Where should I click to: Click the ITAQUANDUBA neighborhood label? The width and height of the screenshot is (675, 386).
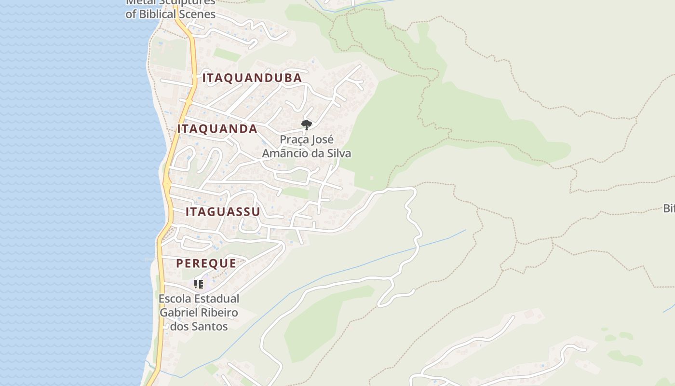click(252, 78)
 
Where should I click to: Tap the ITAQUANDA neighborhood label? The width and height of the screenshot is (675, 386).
click(217, 129)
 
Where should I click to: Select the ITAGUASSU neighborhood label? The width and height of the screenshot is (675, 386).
click(223, 212)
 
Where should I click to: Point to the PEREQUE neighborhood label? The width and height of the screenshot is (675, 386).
click(206, 263)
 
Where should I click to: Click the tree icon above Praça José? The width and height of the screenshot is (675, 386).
click(306, 125)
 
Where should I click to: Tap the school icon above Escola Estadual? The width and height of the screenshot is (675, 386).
click(199, 284)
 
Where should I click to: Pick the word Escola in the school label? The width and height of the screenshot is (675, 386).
click(174, 299)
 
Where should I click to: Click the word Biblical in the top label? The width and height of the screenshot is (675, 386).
click(158, 14)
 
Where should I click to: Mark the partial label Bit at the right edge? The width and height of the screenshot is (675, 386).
click(669, 208)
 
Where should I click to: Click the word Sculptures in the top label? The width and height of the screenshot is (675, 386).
click(189, 2)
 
